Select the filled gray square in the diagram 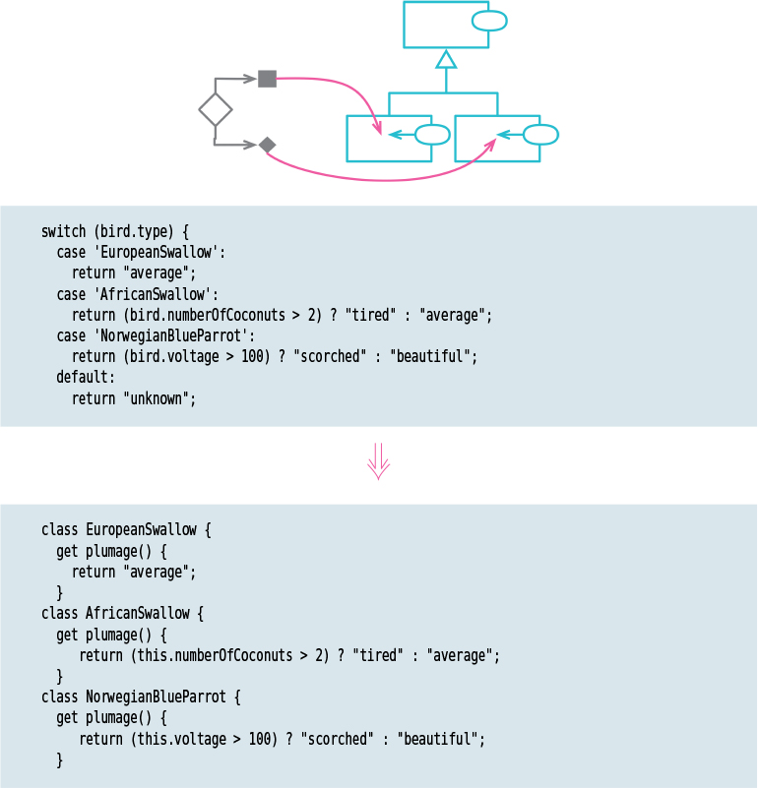[267, 79]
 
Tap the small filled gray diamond [267, 145]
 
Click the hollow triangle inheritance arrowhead [446, 59]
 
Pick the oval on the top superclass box [489, 20]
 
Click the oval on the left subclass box [432, 135]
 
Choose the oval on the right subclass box [540, 135]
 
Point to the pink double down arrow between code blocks [378, 460]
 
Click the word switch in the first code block [63, 232]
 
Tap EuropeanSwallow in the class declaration [142, 529]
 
